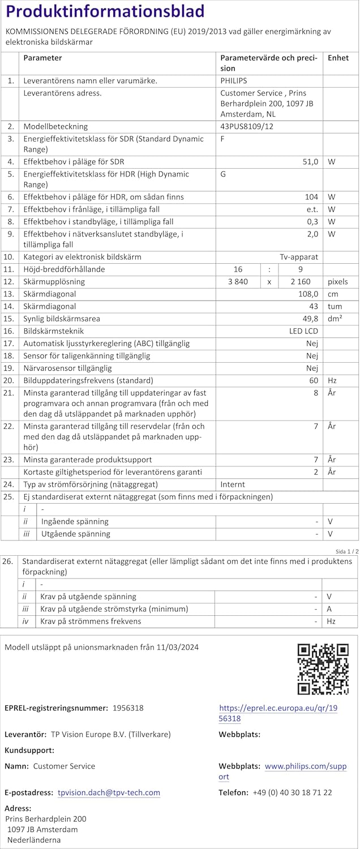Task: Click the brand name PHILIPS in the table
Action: coord(234,81)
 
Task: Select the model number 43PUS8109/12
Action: coord(246,127)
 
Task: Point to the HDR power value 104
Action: coord(312,197)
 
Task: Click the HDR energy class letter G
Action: coord(223,174)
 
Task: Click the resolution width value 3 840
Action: coord(237,282)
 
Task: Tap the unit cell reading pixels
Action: coord(338,282)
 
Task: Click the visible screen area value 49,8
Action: coord(310,319)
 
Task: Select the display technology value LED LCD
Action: coord(303,331)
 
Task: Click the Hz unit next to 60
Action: coord(332,381)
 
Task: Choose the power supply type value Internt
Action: coord(233,485)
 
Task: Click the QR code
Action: coord(323,669)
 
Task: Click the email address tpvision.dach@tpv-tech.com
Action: coord(109,793)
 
